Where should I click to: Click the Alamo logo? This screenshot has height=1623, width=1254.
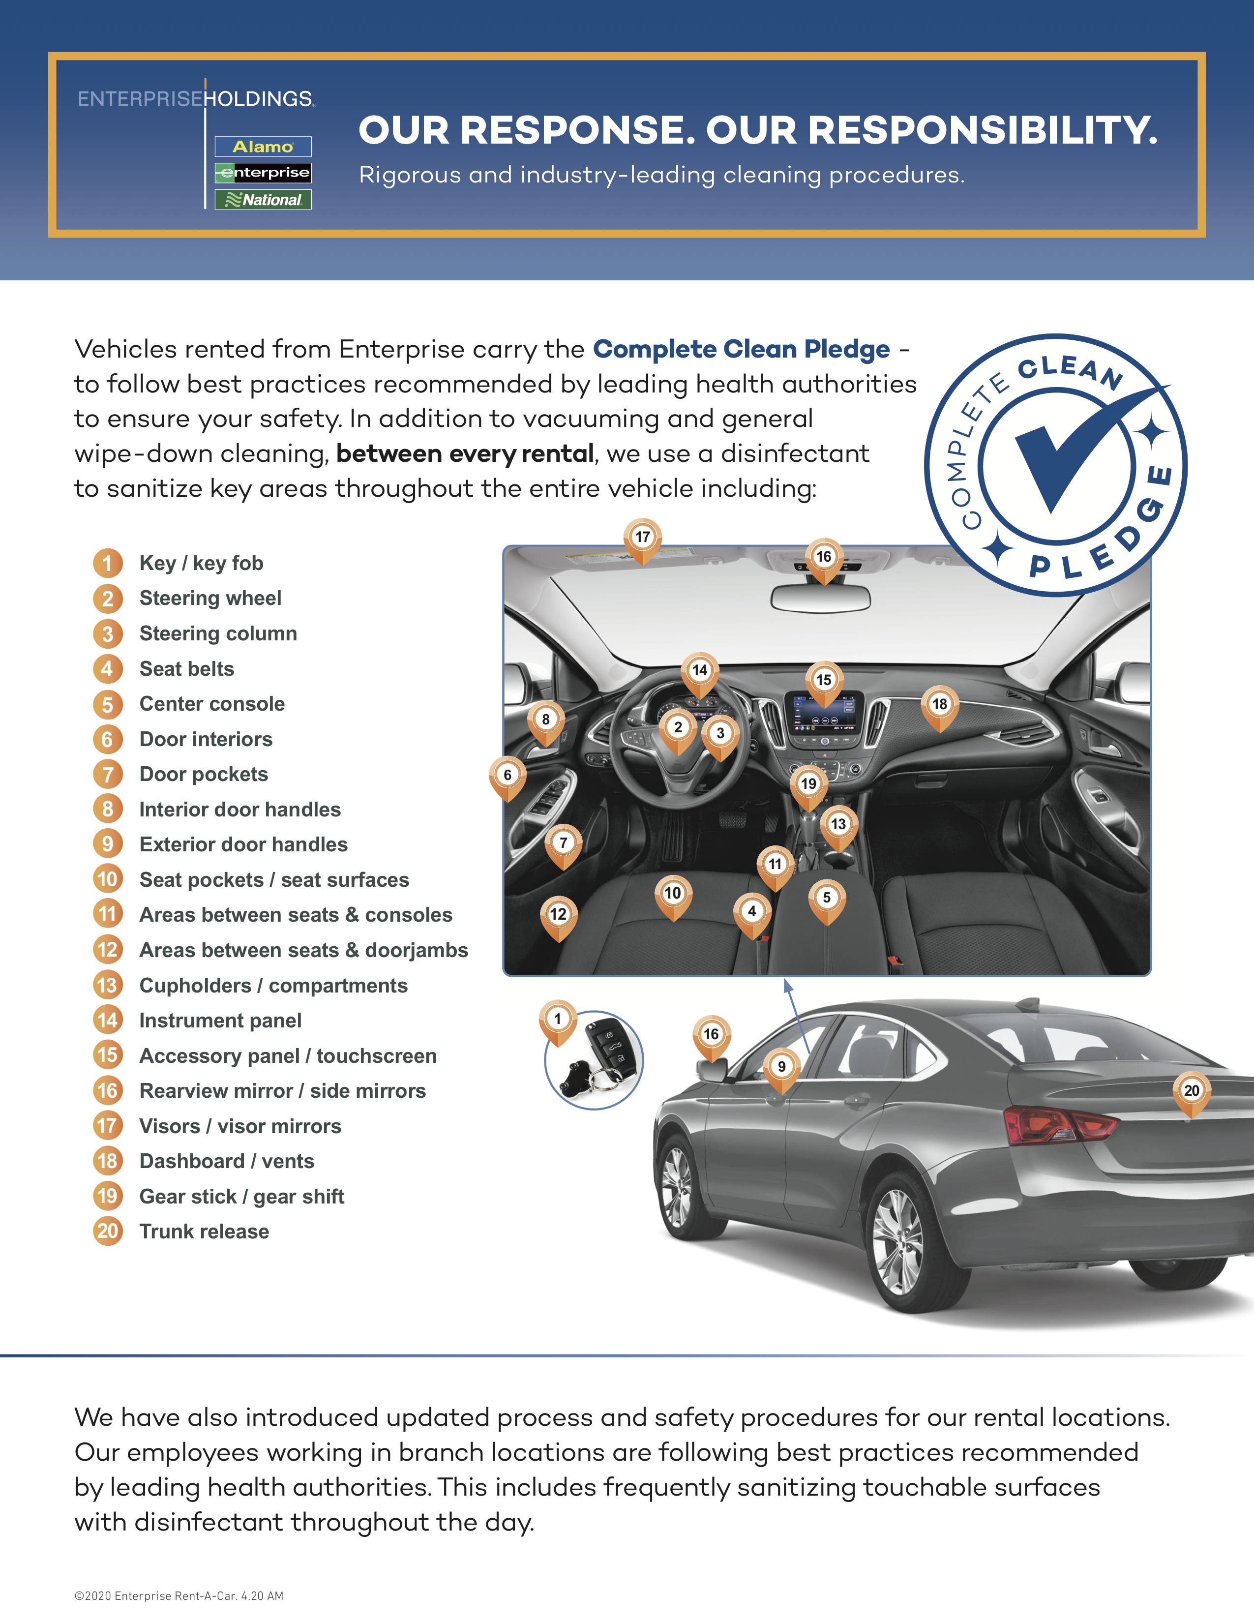(263, 147)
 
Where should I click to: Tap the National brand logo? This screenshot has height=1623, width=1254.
(263, 200)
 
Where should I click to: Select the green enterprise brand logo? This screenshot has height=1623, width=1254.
(263, 173)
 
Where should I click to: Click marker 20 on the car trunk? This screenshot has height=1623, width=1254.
(1192, 1091)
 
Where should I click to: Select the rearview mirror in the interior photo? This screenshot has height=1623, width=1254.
(821, 598)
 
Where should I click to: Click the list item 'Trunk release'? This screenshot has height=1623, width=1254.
(204, 1232)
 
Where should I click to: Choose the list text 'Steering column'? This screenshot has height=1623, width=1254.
(218, 634)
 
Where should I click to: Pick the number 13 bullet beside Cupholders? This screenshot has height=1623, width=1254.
(108, 986)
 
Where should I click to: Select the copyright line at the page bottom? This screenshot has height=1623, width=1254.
(179, 1595)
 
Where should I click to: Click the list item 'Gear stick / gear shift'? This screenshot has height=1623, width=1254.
(241, 1197)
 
